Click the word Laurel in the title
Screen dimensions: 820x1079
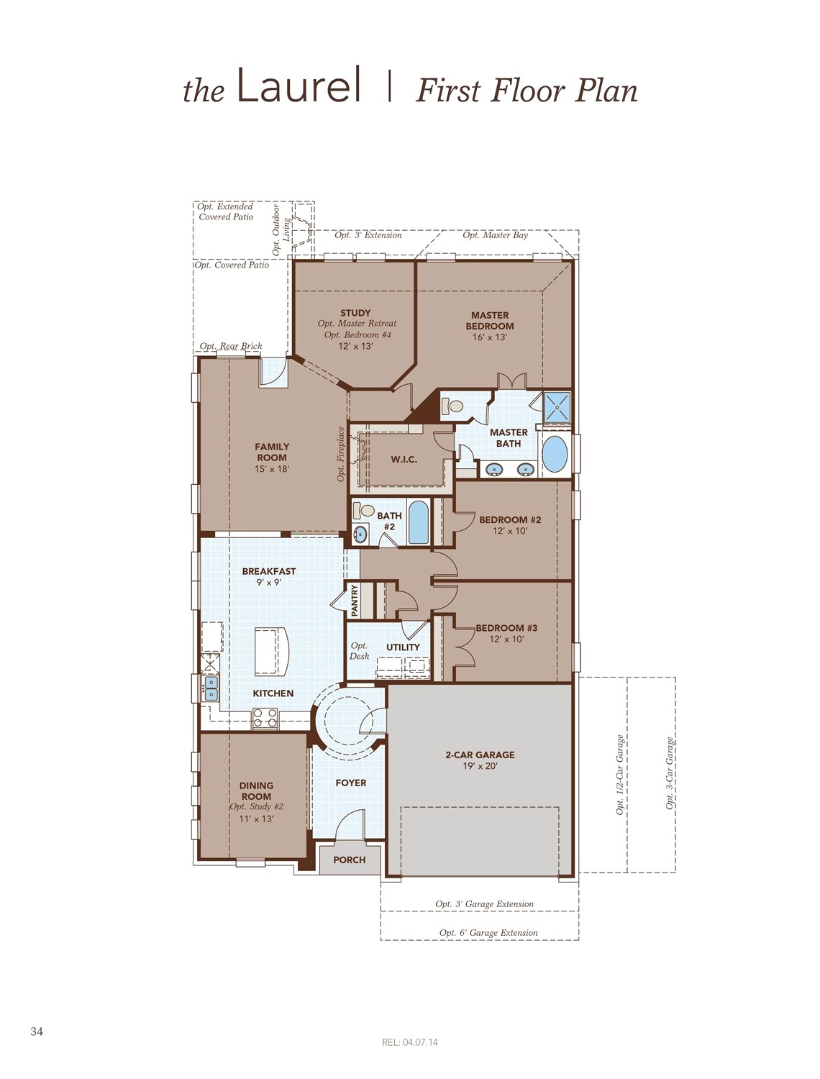coord(299,84)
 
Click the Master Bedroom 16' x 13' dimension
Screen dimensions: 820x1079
coord(490,337)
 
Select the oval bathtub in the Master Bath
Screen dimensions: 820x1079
coord(555,455)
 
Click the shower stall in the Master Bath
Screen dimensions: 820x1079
coord(557,406)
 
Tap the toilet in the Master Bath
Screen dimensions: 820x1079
coord(452,406)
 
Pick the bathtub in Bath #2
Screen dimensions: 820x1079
coord(418,522)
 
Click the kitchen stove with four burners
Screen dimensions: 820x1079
coord(265,719)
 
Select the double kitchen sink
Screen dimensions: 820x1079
coord(211,688)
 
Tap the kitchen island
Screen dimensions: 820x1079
coord(272,651)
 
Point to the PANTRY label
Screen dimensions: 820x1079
coord(355,600)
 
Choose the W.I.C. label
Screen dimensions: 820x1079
coord(404,460)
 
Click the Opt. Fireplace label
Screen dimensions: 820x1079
coord(340,454)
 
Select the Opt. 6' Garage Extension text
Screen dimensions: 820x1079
coord(488,932)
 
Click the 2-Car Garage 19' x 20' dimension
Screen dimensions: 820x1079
coord(480,766)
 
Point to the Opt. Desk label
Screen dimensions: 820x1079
coord(359,651)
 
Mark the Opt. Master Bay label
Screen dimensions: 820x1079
coord(496,235)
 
